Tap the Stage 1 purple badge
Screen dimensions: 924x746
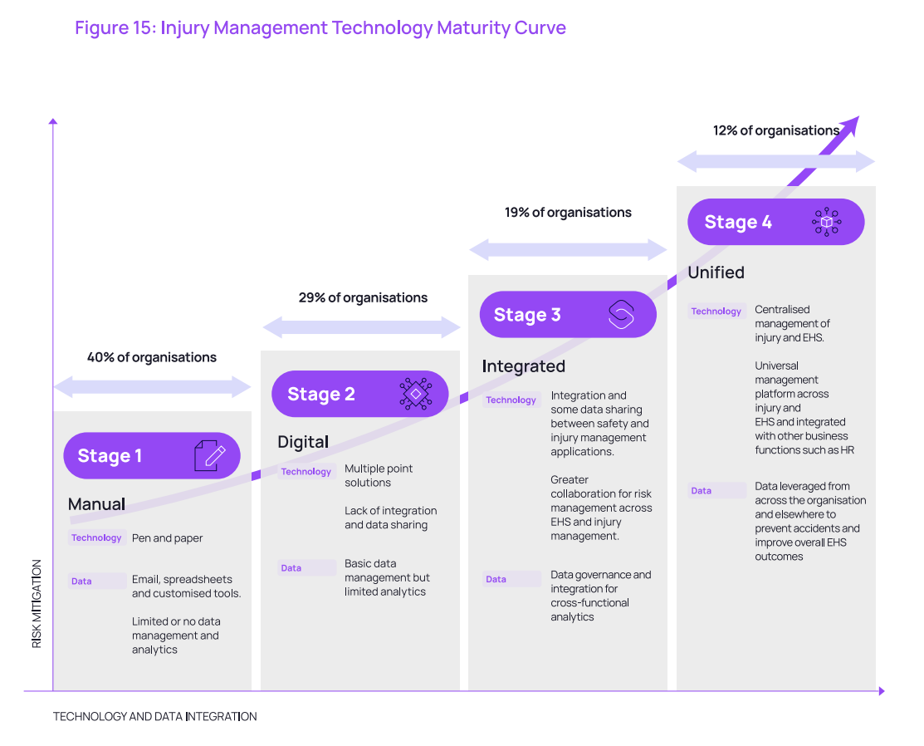[152, 455]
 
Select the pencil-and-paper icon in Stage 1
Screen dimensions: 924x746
[210, 456]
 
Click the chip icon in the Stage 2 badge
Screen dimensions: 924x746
[415, 393]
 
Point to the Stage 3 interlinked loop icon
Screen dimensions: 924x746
[621, 314]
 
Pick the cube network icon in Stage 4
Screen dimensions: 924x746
[826, 222]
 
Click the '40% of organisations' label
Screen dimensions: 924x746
[152, 357]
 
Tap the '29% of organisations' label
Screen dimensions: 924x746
[363, 297]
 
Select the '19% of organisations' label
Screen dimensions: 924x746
[568, 213]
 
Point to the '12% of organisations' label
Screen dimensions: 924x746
[776, 130]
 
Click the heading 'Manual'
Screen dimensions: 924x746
[96, 504]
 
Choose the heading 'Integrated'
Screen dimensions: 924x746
[523, 366]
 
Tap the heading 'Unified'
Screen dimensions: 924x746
[716, 272]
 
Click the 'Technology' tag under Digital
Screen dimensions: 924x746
[306, 471]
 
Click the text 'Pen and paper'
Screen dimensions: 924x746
[168, 537]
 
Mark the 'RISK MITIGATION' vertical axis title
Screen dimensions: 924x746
[37, 604]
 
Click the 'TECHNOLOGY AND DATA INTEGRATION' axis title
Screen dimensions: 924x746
[155, 717]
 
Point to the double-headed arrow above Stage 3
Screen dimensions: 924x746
[568, 250]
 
